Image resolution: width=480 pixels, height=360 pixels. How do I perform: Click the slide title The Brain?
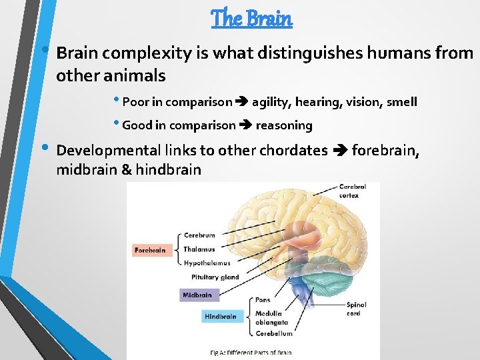251,18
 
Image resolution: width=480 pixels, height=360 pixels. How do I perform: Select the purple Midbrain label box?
199,295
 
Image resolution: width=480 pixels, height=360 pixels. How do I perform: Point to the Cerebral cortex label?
353,191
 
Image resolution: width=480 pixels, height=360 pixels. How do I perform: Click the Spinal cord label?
356,309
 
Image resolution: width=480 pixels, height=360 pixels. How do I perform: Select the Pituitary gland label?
214,277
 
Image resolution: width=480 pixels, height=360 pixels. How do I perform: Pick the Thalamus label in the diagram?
199,249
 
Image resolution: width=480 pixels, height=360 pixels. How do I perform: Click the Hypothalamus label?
207,263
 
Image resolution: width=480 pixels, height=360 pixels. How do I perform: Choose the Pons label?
263,300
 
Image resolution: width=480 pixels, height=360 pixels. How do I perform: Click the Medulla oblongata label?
268,317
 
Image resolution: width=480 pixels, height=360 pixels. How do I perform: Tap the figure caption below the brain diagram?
251,353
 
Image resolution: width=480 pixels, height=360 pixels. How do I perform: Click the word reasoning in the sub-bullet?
284,125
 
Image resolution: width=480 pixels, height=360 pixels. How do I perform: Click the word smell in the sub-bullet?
401,102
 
